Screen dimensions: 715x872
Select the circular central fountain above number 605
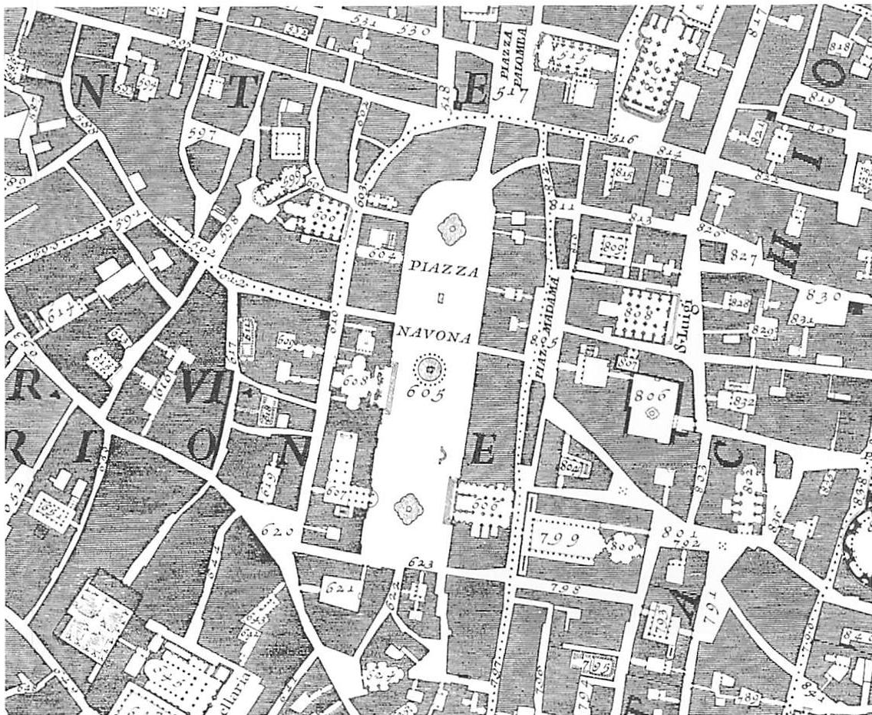pos(431,369)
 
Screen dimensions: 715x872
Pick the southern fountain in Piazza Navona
pos(408,507)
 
